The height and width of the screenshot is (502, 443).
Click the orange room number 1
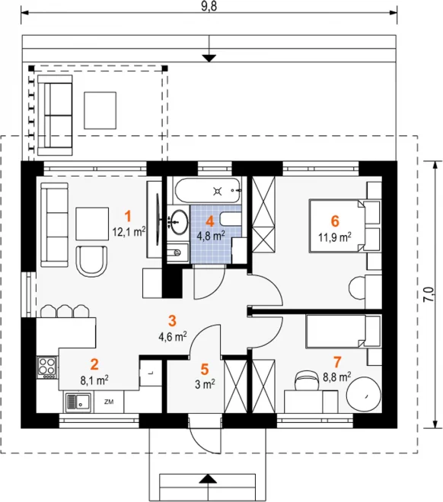tap(128, 217)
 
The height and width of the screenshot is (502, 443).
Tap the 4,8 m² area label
tap(210, 236)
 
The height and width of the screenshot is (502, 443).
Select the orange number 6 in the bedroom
tap(335, 221)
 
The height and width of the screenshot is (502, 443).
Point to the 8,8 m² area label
tap(336, 377)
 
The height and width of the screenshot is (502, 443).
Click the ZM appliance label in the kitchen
tap(109, 402)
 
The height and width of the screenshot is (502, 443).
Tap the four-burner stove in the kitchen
tap(46, 367)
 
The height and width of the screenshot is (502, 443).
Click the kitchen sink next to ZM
tap(78, 402)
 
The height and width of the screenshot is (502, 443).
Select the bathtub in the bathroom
tap(208, 191)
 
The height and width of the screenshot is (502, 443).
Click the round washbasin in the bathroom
tap(178, 221)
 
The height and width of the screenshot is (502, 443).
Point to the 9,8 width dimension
tap(209, 7)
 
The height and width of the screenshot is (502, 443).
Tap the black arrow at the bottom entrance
tap(209, 478)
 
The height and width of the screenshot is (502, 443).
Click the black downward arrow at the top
tap(209, 59)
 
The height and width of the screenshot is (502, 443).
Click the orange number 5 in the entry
tap(205, 369)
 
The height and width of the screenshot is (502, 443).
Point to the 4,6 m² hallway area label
tap(173, 337)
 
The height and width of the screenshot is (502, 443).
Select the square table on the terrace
tap(100, 110)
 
